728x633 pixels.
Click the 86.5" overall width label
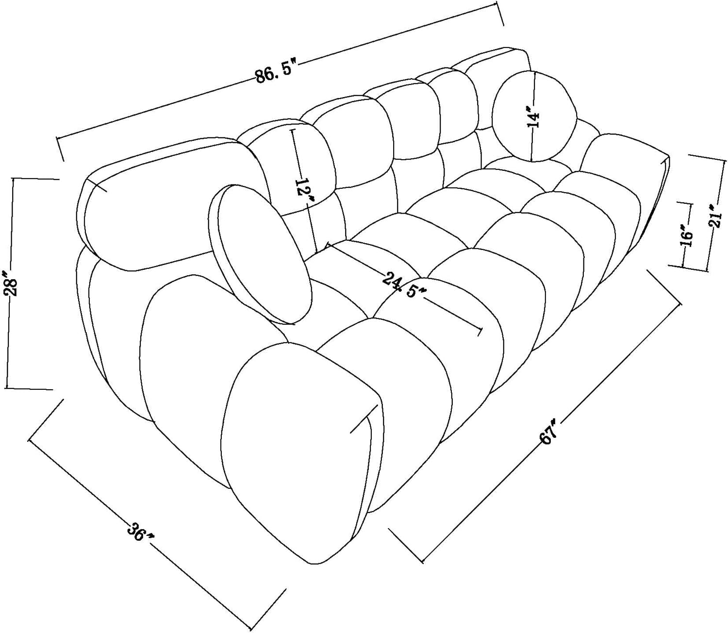(275, 73)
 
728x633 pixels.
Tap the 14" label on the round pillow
(533, 116)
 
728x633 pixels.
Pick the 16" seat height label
(686, 235)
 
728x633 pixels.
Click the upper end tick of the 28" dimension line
(34, 179)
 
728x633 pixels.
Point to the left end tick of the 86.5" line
(60, 148)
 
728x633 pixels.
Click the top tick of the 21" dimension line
(707, 157)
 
